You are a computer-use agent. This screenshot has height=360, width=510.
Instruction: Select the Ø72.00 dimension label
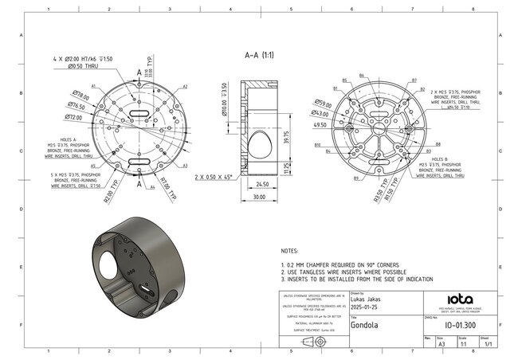click(74, 117)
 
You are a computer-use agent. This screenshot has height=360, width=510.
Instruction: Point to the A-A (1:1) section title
click(259, 56)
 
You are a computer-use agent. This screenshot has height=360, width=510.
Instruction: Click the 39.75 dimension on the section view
click(286, 138)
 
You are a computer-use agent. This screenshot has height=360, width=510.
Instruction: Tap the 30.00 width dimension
click(259, 196)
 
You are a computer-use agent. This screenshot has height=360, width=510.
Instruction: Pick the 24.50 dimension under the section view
click(261, 184)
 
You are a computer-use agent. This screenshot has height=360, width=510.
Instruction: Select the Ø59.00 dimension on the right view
click(323, 104)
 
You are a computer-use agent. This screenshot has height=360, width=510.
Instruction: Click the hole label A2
click(185, 86)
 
